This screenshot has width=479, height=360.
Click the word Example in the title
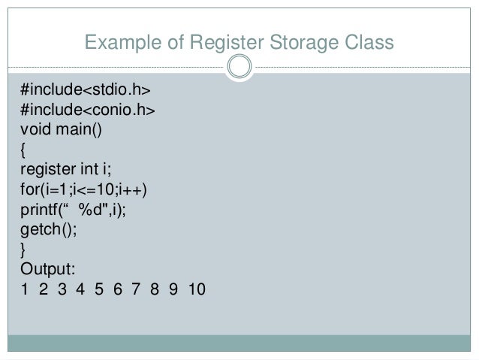120,44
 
